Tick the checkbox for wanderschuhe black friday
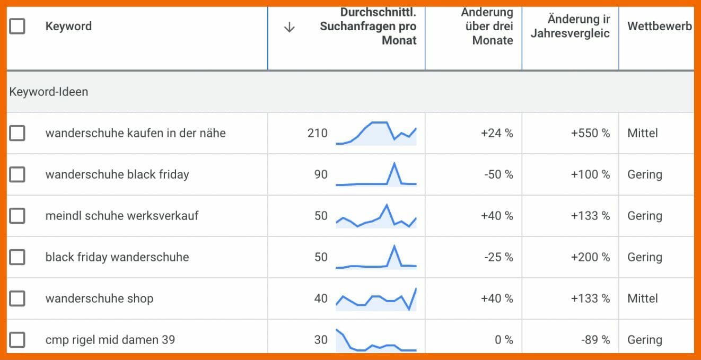point(17,174)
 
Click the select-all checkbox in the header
point(17,26)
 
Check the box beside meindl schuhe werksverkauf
point(17,216)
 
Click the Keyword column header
point(68,26)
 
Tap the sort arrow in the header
point(289,27)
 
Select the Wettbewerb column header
point(659,26)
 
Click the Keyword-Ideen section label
point(49,92)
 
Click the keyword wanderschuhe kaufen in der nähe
point(135,133)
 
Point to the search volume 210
point(317,133)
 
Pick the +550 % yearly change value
point(590,133)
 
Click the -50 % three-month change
point(498,174)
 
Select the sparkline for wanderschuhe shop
point(376,299)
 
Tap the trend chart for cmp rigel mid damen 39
point(376,340)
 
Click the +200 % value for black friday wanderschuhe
point(590,257)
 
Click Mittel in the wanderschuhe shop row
point(643,298)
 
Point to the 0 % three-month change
point(504,340)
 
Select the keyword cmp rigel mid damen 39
point(110,340)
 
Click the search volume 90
point(320,174)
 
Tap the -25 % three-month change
point(498,257)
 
